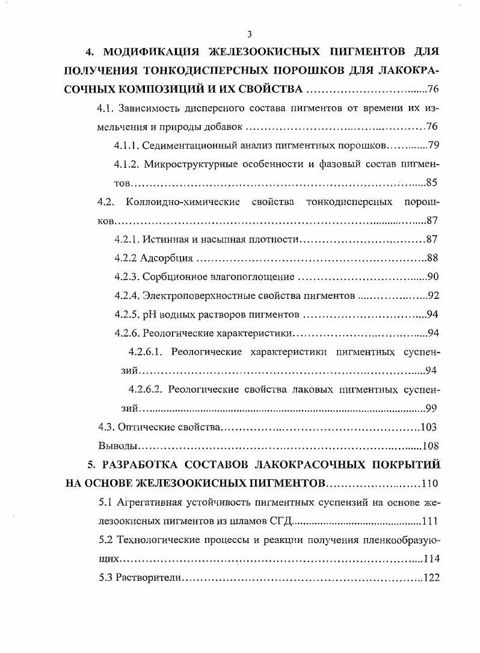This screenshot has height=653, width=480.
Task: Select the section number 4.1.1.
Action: (x=127, y=146)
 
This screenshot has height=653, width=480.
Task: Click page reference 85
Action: (x=431, y=183)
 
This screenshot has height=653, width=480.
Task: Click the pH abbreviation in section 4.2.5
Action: (x=149, y=314)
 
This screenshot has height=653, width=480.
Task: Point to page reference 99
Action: (x=431, y=408)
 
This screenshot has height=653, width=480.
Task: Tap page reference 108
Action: (x=430, y=446)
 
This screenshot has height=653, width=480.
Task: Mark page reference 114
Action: (x=431, y=559)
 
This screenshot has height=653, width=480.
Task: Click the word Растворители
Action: (x=144, y=577)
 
